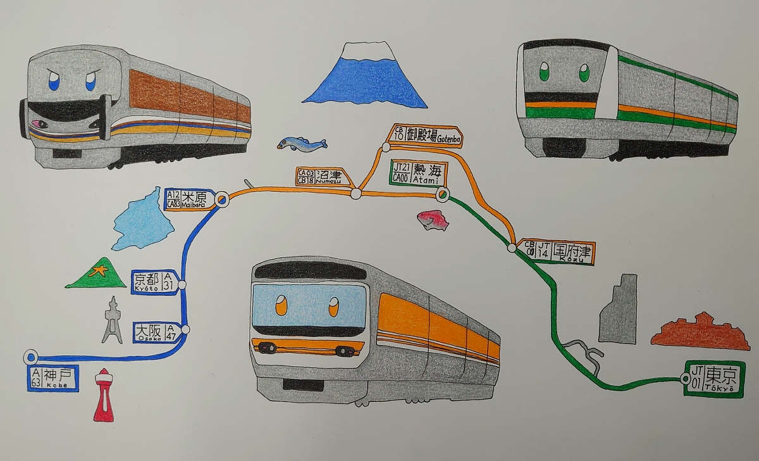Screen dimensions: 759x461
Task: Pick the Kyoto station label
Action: point(154,282)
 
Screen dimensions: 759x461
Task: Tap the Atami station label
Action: point(419,172)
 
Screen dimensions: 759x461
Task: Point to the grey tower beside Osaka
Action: point(113,320)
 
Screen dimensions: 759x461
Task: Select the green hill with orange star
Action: point(96,274)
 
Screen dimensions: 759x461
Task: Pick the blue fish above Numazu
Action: point(301,144)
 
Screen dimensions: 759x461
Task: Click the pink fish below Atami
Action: point(433,220)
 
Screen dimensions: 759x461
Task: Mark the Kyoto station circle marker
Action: point(182,285)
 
